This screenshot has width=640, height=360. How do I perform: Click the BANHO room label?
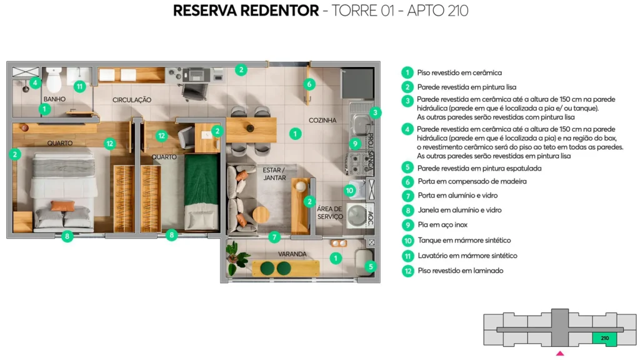54,99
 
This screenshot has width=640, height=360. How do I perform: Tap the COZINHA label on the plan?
322,120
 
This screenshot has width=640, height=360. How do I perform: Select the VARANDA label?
292,254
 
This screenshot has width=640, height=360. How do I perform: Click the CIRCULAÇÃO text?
132,100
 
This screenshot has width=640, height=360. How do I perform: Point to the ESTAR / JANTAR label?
274,173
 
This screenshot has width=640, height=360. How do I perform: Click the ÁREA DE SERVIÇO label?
329,212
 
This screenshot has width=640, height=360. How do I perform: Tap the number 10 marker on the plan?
350,190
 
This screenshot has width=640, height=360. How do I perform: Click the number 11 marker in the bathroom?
79,86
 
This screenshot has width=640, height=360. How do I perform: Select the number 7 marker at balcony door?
274,237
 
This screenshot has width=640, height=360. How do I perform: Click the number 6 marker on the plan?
309,83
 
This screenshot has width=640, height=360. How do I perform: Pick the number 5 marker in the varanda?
371,266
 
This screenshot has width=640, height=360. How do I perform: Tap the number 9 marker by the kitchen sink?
354,143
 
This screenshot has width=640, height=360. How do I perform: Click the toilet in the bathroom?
54,79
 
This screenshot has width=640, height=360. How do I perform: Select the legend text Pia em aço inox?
442,225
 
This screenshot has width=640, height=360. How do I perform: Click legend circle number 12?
407,271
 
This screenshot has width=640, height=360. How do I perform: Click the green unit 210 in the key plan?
604,338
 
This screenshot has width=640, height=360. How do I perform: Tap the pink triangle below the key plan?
560,354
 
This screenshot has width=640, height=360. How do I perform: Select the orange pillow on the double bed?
62,206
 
